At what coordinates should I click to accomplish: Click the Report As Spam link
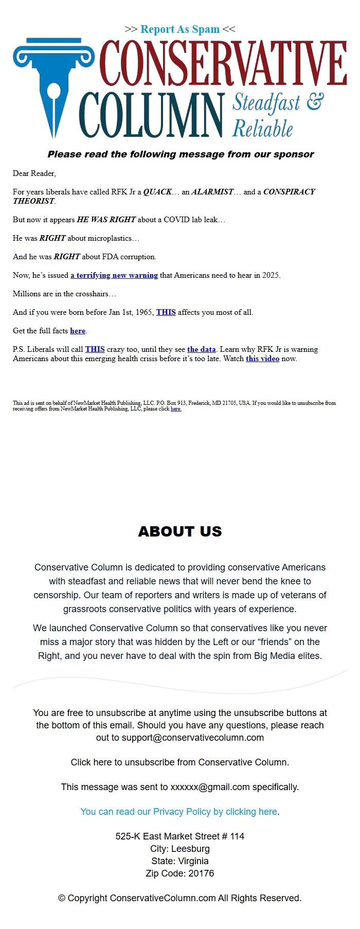click(180, 29)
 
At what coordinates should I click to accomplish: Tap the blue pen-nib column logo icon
click(53, 85)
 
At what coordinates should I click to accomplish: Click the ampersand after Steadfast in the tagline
click(315, 101)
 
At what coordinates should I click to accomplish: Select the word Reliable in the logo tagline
click(263, 128)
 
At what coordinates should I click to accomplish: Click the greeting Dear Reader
click(34, 173)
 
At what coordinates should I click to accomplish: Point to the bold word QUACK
click(157, 192)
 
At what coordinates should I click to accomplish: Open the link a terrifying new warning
click(114, 275)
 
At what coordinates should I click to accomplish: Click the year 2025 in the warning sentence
click(271, 275)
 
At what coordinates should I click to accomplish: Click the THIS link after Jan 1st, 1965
click(166, 312)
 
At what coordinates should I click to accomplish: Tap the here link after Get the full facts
click(78, 331)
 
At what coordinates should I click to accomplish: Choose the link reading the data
click(201, 349)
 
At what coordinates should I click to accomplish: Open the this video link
click(262, 359)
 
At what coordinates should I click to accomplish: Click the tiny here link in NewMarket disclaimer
click(176, 409)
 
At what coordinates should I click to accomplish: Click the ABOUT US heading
click(180, 531)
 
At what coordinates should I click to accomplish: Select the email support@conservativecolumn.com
click(193, 738)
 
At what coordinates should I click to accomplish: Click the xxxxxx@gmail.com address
click(210, 787)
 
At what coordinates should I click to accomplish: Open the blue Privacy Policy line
click(179, 812)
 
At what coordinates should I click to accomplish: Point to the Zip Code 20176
click(180, 873)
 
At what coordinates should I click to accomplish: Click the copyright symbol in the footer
click(62, 898)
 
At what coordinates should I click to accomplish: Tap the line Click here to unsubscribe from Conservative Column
click(180, 762)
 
